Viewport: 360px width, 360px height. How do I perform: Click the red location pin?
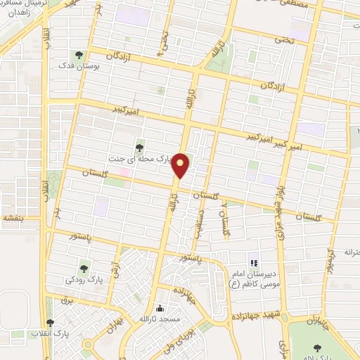click(181, 165)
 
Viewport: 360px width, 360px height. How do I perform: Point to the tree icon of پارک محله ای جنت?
click(141, 147)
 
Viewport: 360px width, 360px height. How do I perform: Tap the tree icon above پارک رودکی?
click(85, 267)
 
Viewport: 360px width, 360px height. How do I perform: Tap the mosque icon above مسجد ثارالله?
click(161, 307)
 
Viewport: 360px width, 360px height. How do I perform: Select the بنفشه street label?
click(13, 218)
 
